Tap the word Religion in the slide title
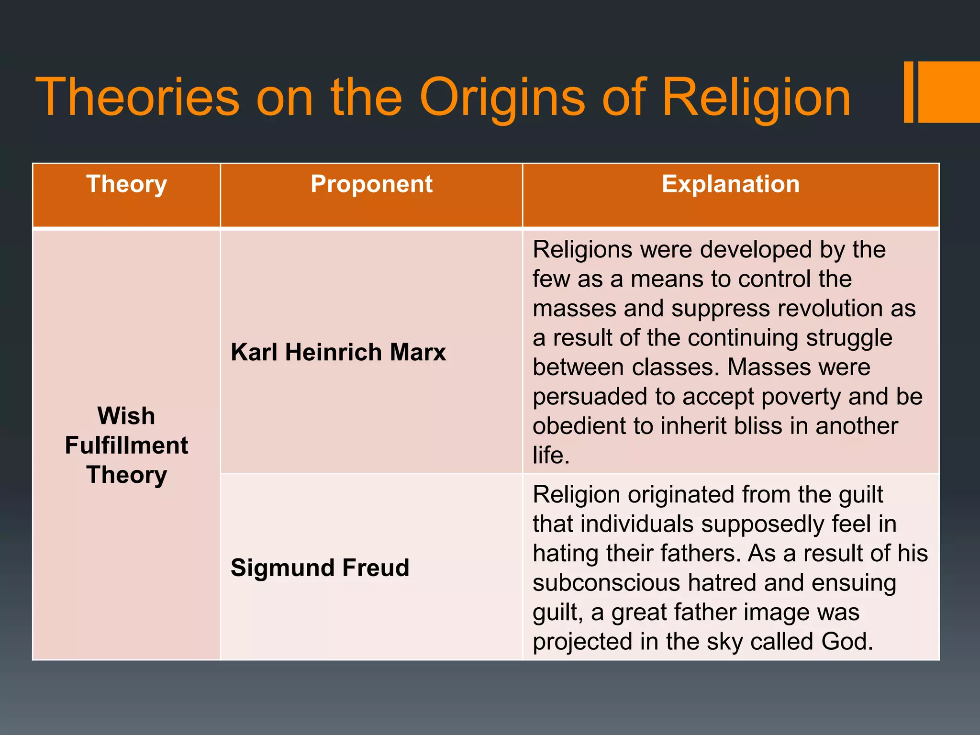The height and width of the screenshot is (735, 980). click(x=756, y=98)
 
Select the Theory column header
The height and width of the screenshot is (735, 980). click(x=126, y=184)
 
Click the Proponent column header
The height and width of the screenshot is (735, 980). click(x=371, y=184)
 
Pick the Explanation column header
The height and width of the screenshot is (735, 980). click(x=731, y=184)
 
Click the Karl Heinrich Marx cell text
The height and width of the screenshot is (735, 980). click(x=338, y=352)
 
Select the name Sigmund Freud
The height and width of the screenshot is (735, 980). click(x=320, y=568)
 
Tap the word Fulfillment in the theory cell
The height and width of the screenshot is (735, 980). click(x=126, y=445)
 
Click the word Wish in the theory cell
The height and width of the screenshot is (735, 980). click(x=126, y=416)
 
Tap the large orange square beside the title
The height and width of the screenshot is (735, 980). click(x=949, y=92)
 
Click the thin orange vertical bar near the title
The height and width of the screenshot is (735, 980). click(x=908, y=92)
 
